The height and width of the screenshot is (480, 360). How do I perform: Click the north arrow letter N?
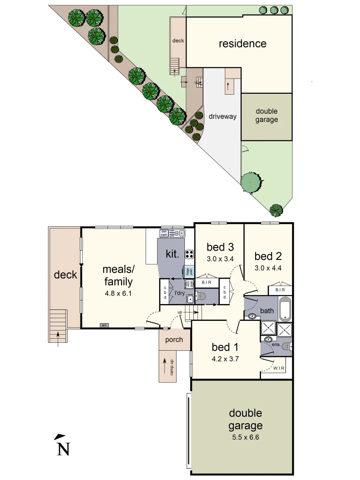point(64,449)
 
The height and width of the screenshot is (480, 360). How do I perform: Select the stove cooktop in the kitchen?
point(189,255)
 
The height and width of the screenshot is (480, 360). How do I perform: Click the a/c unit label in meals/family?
point(104,325)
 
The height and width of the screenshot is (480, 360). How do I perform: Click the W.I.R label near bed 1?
point(279,368)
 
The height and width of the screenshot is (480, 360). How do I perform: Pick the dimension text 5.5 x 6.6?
point(245,437)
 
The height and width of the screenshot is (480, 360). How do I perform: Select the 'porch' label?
point(174,340)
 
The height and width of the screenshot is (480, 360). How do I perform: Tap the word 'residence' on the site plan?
point(242,44)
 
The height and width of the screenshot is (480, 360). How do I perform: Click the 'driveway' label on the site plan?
point(222,117)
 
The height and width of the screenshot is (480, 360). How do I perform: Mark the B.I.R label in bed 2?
point(280,290)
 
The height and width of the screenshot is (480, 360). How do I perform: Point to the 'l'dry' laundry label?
point(179,293)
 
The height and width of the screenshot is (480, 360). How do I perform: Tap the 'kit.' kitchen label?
point(172,254)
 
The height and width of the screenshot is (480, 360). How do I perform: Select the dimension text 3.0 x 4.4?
point(268,268)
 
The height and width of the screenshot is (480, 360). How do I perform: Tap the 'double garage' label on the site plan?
point(267,115)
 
